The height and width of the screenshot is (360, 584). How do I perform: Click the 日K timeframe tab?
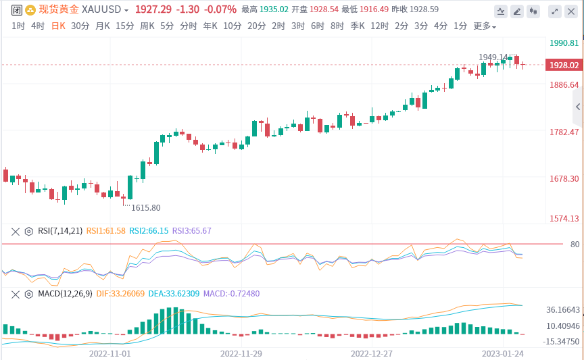tap(59, 26)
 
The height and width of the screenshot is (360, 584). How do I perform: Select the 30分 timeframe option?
tap(80, 26)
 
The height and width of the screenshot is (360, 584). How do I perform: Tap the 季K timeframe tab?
tap(356, 26)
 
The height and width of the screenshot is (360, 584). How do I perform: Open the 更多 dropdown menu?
tap(484, 26)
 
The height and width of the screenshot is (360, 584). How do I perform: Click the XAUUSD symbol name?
tap(101, 9)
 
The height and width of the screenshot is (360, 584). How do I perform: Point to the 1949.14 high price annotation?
tap(493, 57)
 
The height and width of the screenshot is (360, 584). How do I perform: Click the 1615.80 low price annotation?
tap(146, 208)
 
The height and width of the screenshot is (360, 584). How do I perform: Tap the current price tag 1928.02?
tap(564, 66)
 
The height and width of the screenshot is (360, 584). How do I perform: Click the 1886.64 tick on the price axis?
tap(564, 85)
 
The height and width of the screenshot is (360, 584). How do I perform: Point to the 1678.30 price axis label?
tap(564, 179)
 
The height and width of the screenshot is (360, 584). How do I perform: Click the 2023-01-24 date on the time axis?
tap(502, 353)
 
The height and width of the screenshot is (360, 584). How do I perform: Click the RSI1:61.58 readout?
tap(106, 231)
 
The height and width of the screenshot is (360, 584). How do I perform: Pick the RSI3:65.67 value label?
tap(192, 231)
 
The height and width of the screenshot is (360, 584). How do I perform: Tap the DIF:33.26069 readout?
tap(120, 294)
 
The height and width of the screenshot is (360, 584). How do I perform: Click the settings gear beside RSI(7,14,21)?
tap(28, 231)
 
